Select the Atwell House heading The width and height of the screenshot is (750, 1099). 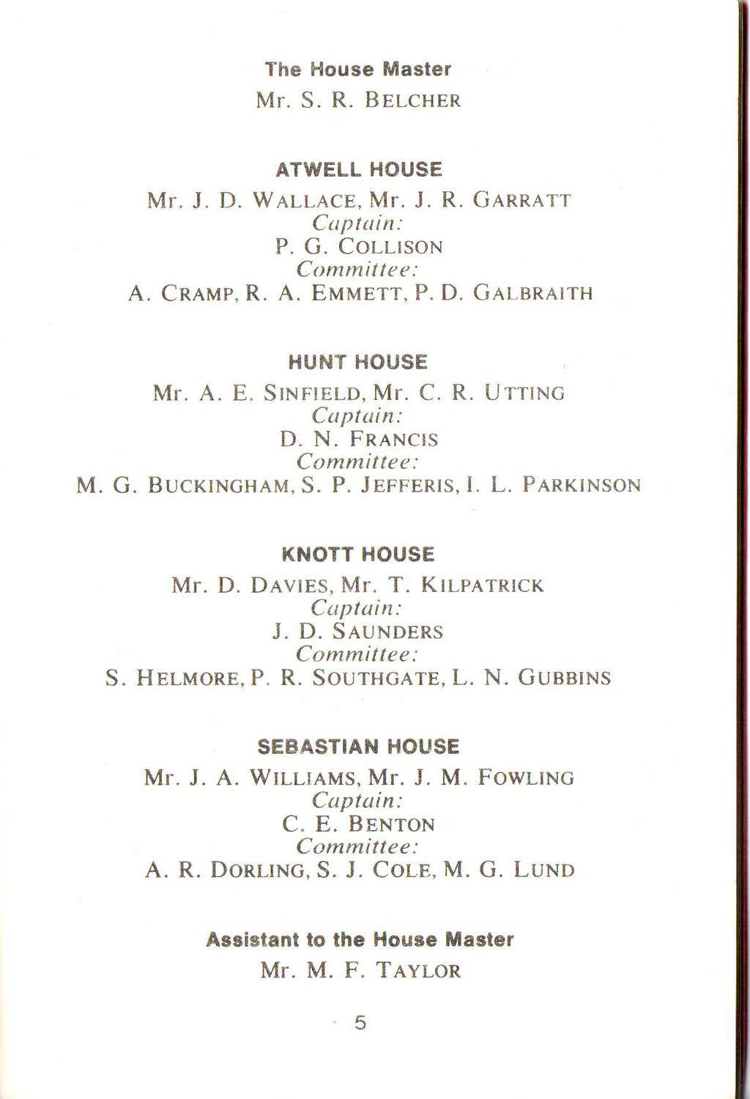point(359,170)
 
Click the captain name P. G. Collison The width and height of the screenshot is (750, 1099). point(359,247)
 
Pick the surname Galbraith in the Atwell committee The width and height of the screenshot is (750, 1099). point(532,294)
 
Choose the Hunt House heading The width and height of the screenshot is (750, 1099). point(358,363)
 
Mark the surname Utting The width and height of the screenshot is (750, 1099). point(525,393)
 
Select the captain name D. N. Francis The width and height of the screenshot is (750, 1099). point(359,440)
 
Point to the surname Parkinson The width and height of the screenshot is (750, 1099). point(582,486)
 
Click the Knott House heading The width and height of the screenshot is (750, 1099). point(358,555)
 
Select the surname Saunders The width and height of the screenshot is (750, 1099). point(387,632)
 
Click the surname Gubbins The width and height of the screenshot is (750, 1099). point(564,678)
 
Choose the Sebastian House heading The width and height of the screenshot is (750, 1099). point(358,747)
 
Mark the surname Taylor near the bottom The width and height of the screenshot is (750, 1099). point(418,972)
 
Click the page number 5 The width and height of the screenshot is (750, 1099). point(360,1023)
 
